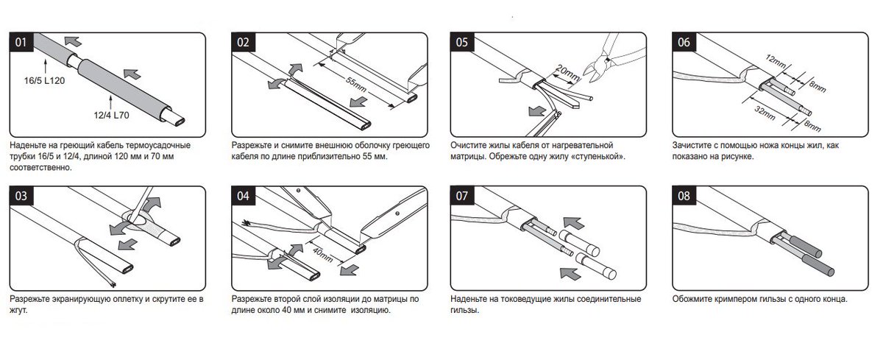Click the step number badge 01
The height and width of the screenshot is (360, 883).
tap(21, 42)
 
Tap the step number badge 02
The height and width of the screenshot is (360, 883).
tap(244, 42)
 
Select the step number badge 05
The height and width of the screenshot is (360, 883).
tap(462, 42)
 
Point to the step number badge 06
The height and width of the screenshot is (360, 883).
tap(684, 42)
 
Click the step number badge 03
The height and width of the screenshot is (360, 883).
tap(21, 196)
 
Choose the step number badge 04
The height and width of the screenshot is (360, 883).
tap(244, 196)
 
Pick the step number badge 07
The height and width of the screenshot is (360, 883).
tap(462, 196)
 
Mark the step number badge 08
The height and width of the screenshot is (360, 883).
tap(684, 196)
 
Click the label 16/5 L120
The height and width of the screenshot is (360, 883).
tap(44, 81)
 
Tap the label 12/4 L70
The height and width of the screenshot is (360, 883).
tap(111, 115)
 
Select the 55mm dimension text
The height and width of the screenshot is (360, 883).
tap(356, 85)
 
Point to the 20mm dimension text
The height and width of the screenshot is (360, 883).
tap(567, 73)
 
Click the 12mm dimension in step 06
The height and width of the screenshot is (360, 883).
tap(776, 61)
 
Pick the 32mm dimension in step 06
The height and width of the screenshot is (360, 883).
tap(765, 113)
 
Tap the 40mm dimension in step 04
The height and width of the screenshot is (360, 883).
tap(323, 255)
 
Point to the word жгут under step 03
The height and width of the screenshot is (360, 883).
tap(18, 311)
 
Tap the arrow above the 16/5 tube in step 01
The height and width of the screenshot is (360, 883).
tap(73, 40)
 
